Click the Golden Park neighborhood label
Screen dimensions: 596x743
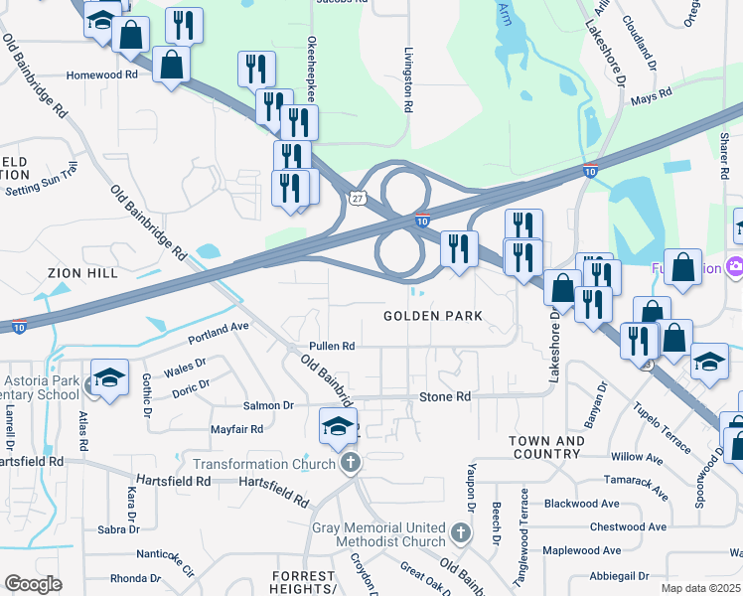(433, 316)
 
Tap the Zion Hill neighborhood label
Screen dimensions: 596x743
(82, 272)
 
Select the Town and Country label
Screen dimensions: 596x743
(545, 447)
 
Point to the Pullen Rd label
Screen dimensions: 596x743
(332, 346)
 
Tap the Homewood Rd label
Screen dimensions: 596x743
(101, 74)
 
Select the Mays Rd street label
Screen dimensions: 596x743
(652, 96)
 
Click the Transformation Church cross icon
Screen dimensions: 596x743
(349, 463)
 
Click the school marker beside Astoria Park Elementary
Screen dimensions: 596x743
(109, 377)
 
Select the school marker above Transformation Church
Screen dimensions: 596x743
(338, 426)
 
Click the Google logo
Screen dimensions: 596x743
(33, 584)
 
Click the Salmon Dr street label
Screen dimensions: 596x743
(268, 405)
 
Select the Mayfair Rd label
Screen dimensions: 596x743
(236, 429)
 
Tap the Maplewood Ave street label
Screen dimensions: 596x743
(582, 549)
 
